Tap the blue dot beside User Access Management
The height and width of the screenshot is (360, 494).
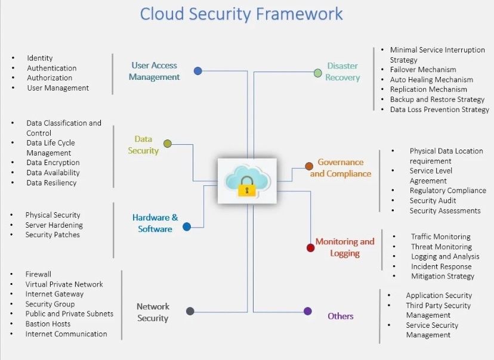(198, 71)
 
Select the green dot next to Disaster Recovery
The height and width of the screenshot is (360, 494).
(318, 73)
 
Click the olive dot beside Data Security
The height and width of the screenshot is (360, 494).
(168, 144)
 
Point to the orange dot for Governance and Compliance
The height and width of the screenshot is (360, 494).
(309, 166)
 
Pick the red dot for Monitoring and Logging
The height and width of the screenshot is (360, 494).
(311, 248)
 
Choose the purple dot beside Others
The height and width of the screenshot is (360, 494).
(308, 311)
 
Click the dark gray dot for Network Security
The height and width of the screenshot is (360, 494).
(190, 311)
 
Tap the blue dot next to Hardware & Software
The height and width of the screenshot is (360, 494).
(187, 226)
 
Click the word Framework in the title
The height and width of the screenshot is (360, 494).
(299, 14)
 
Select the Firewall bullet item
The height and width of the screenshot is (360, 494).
(38, 274)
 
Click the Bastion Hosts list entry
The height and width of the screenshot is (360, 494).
(48, 324)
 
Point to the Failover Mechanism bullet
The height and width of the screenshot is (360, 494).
(423, 70)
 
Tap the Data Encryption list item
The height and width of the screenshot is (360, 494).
(53, 162)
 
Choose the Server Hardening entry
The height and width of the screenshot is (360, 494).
(54, 225)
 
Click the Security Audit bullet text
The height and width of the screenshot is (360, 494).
(433, 200)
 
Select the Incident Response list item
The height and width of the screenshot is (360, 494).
(441, 266)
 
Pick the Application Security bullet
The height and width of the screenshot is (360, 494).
(439, 296)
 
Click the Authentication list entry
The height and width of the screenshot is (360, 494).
(52, 69)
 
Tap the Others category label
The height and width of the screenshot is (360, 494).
(341, 316)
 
